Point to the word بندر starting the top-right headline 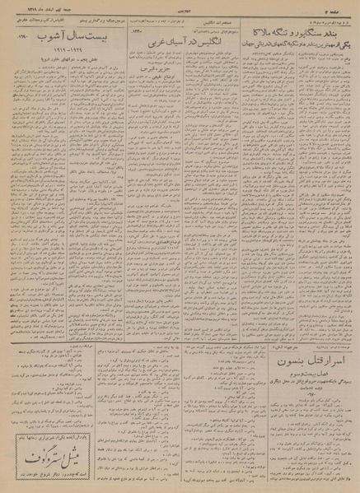click(x=334, y=30)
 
